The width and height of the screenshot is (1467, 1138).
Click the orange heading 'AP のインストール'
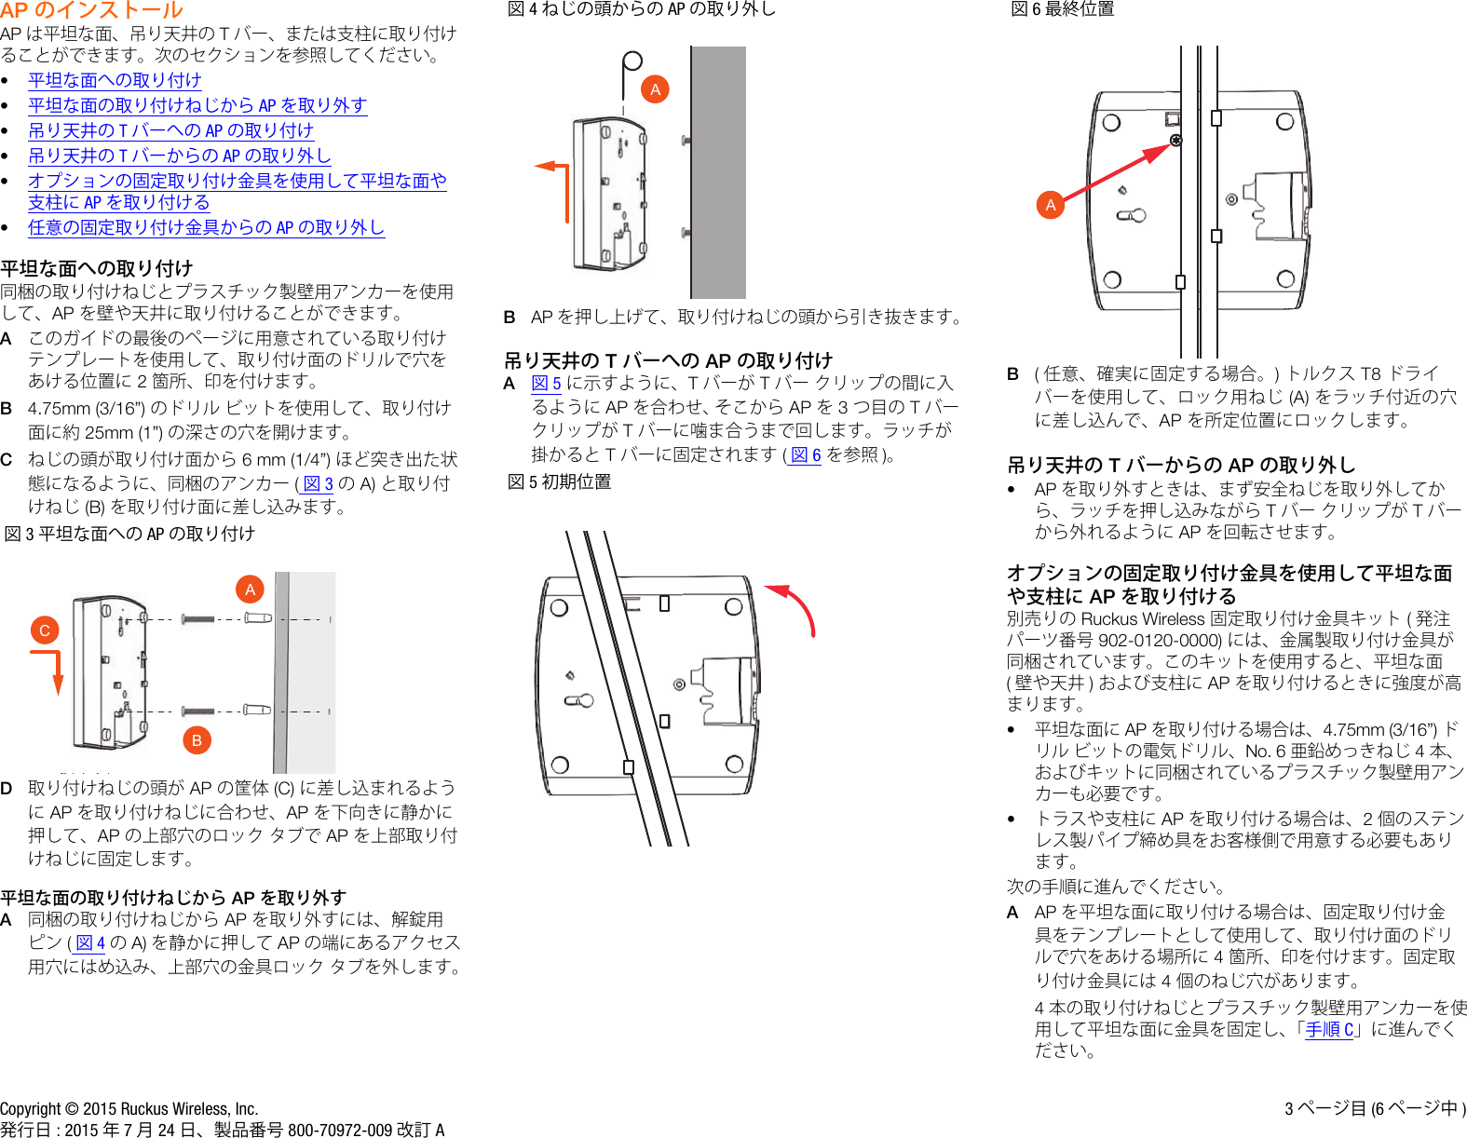point(91,10)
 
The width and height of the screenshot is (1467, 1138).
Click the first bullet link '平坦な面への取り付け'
point(115,80)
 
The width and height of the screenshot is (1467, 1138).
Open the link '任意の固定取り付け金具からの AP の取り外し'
point(206,227)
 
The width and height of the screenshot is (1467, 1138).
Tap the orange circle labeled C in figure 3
point(44,630)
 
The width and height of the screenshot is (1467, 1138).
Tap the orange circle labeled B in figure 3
point(197,740)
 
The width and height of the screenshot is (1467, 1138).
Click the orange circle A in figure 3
point(250,589)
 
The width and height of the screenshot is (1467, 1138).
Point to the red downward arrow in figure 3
point(55,670)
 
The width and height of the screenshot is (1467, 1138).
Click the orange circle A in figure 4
point(655,89)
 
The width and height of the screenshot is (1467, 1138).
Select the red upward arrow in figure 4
point(558,186)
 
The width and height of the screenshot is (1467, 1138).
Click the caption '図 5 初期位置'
point(560,481)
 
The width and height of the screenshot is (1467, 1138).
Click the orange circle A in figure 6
point(1051,205)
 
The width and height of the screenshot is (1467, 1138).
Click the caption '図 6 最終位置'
point(1063,9)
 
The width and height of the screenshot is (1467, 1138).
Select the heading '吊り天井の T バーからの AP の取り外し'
point(1181,465)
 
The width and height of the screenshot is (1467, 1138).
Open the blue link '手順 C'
point(1329,1029)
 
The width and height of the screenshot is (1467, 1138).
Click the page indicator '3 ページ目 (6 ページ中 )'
point(1375,1108)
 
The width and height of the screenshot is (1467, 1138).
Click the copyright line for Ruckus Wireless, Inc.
point(129,1108)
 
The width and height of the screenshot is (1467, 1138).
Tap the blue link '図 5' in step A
point(546,383)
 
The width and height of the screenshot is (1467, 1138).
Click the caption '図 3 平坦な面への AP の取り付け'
point(129,534)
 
